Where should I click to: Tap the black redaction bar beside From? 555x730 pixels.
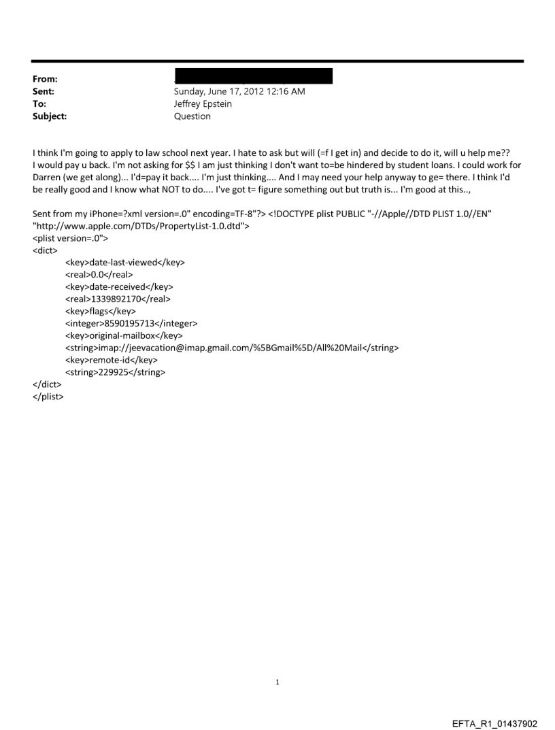253,76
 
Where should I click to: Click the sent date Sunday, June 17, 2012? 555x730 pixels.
228,92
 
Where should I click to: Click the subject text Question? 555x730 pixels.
192,116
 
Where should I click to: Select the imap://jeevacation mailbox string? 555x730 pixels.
232,348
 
